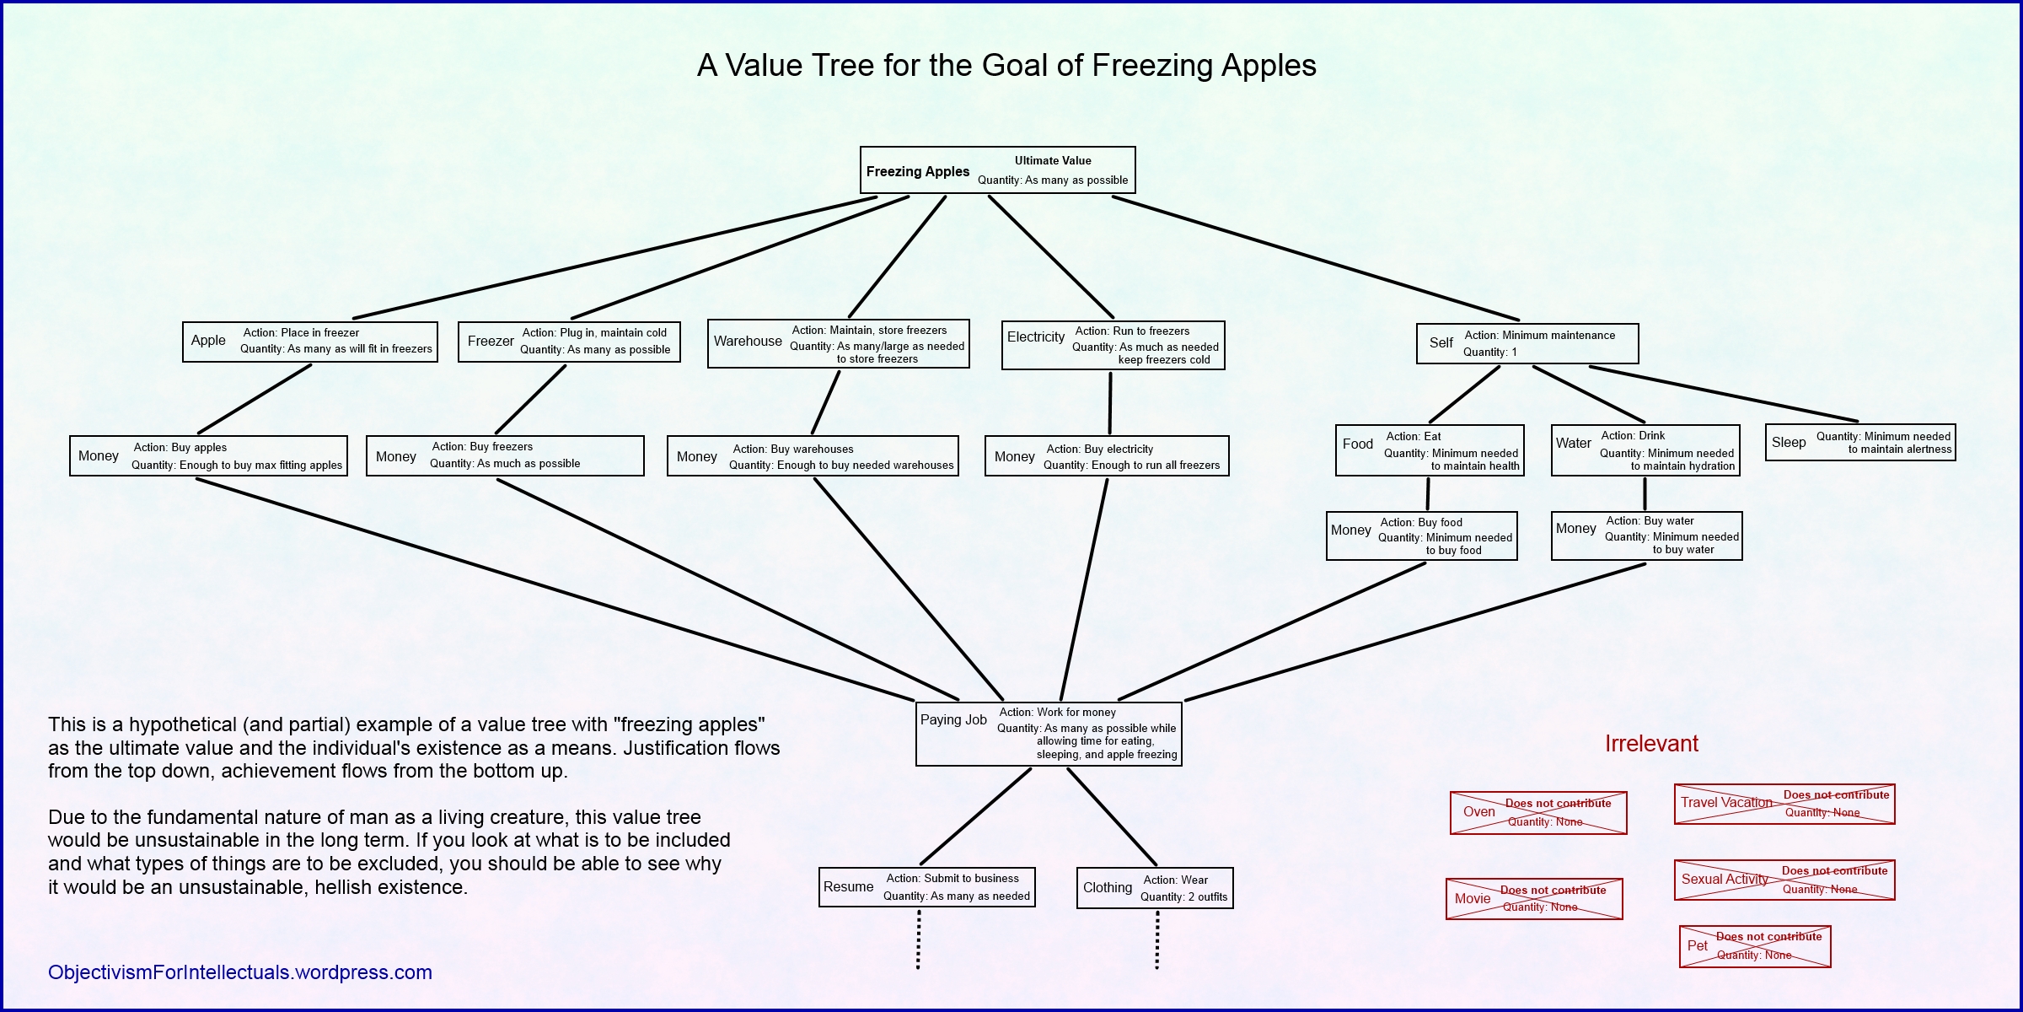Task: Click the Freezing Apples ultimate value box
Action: point(997,170)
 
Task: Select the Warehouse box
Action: point(839,343)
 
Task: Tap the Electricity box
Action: point(1113,345)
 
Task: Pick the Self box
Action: point(1527,343)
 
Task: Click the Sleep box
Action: point(1860,442)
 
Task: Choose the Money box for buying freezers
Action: point(505,455)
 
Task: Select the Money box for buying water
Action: point(1646,536)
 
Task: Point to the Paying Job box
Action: point(1049,734)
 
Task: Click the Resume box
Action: point(927,887)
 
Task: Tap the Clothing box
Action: point(1155,888)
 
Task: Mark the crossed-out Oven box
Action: point(1538,813)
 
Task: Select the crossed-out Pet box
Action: point(1755,946)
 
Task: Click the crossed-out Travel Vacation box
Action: point(1784,804)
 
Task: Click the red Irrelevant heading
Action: point(1651,744)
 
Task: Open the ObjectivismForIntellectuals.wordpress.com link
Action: point(240,972)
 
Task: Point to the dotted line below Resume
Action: point(918,939)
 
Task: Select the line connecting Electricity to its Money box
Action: point(1110,403)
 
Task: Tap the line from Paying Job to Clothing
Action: point(1112,817)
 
